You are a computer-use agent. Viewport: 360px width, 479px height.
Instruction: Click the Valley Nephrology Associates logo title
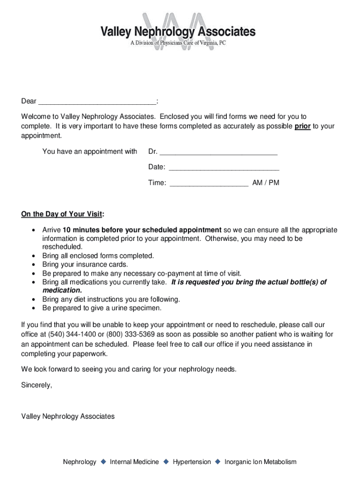coord(178,32)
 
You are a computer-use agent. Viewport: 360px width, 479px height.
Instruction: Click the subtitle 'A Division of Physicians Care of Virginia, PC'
coord(178,43)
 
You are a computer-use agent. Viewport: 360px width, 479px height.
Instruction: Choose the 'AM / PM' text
coord(266,183)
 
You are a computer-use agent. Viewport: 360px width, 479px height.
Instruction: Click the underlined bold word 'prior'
coord(302,126)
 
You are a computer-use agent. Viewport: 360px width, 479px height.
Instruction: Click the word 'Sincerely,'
coord(36,385)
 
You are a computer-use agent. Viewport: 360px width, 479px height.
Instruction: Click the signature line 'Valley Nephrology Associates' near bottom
coord(68,416)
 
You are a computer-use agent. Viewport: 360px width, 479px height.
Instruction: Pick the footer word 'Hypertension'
coord(192,462)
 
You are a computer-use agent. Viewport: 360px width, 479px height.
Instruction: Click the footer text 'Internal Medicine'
coord(134,462)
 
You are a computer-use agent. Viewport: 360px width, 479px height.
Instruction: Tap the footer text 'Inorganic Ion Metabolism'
coord(260,462)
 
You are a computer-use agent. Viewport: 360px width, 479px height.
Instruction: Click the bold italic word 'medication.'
coord(59,290)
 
